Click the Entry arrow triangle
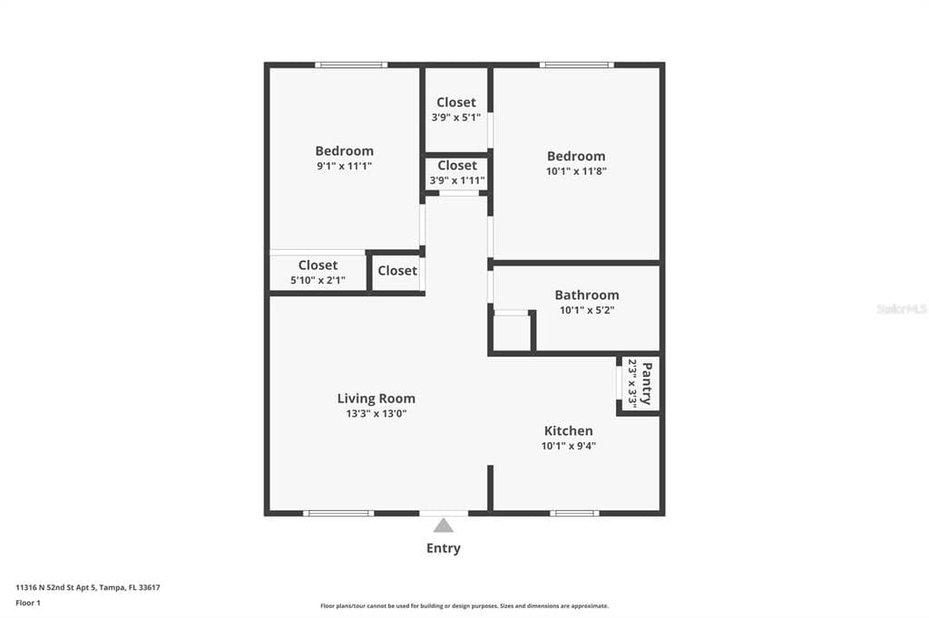(x=443, y=526)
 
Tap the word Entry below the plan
(x=443, y=548)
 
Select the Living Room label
(x=376, y=399)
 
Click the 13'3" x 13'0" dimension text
(x=376, y=414)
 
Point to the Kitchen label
(x=568, y=430)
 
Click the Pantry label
(x=647, y=383)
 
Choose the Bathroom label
(x=587, y=295)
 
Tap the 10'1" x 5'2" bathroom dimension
(x=587, y=310)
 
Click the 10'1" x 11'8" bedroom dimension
(x=576, y=171)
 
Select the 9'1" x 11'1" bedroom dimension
(x=344, y=167)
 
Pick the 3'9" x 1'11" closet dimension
(x=457, y=180)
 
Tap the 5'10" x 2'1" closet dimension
(x=318, y=281)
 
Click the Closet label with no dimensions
(x=397, y=271)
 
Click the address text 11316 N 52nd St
(x=56, y=588)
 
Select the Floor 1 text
(x=28, y=604)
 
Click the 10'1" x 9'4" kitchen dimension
(x=568, y=446)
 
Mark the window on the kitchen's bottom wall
(x=574, y=513)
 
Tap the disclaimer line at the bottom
(x=464, y=606)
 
